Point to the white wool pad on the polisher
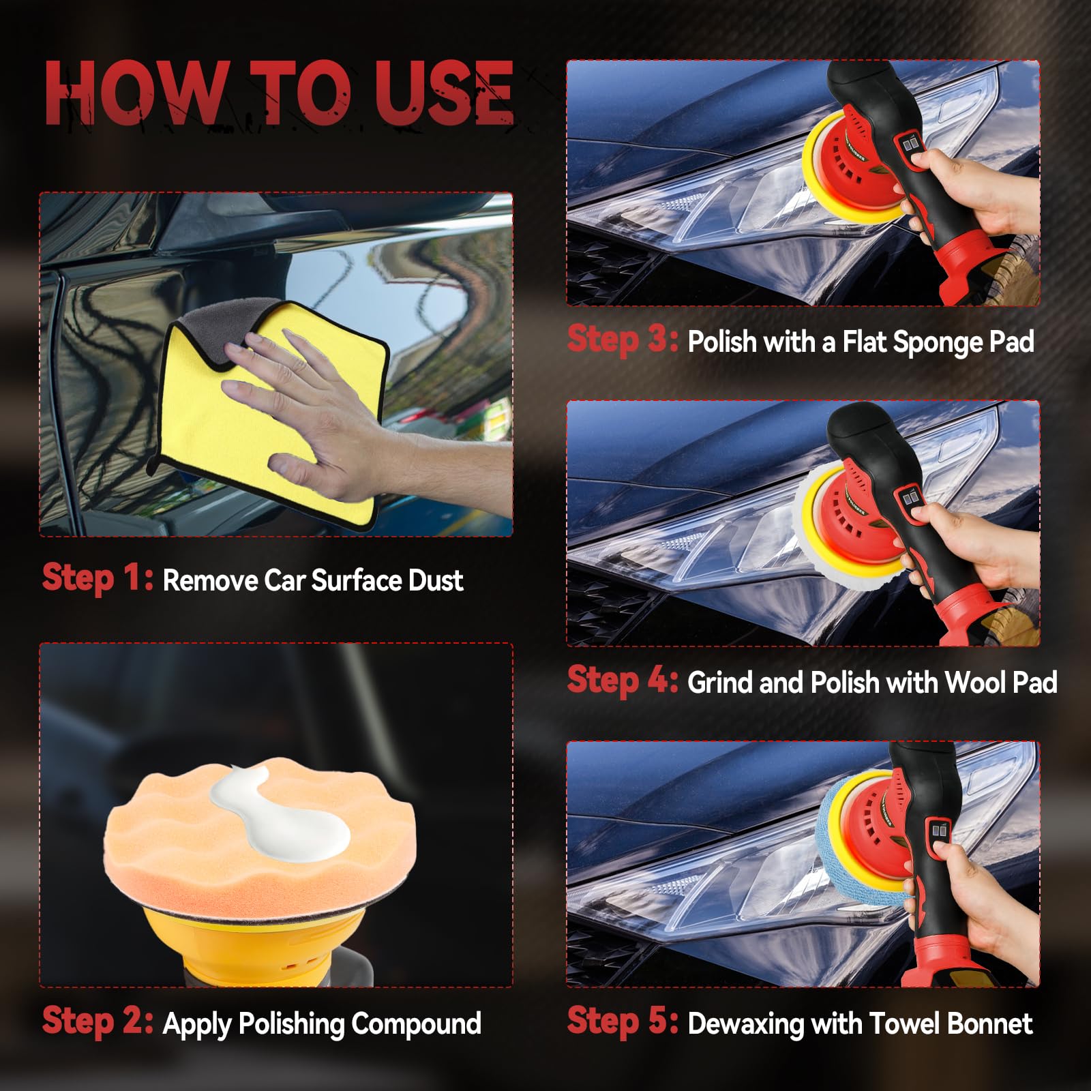click(x=818, y=532)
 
